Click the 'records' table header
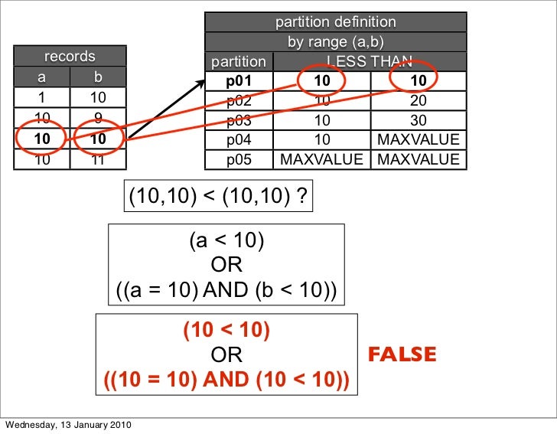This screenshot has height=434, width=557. (x=70, y=56)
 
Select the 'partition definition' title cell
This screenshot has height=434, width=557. (x=336, y=22)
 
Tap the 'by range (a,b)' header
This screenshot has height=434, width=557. (x=336, y=41)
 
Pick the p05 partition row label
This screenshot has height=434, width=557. (x=239, y=159)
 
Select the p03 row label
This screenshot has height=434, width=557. (x=239, y=120)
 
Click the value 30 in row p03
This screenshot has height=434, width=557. (x=418, y=120)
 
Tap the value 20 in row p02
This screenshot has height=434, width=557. (x=418, y=100)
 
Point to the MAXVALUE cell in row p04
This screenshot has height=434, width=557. (x=418, y=139)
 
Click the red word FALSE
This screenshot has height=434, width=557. (x=402, y=355)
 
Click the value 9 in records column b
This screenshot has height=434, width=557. (x=97, y=118)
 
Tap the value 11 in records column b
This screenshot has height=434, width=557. (x=97, y=160)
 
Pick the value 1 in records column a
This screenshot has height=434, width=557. (x=41, y=98)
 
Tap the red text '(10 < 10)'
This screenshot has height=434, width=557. (x=226, y=330)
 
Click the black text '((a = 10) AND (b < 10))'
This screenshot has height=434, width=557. (x=226, y=291)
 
